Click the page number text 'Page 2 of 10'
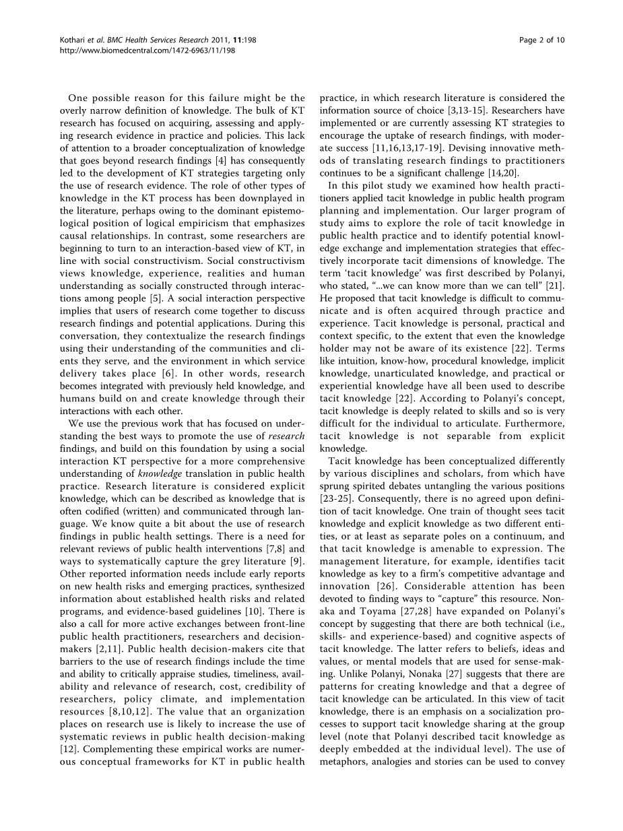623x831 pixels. point(542,40)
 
